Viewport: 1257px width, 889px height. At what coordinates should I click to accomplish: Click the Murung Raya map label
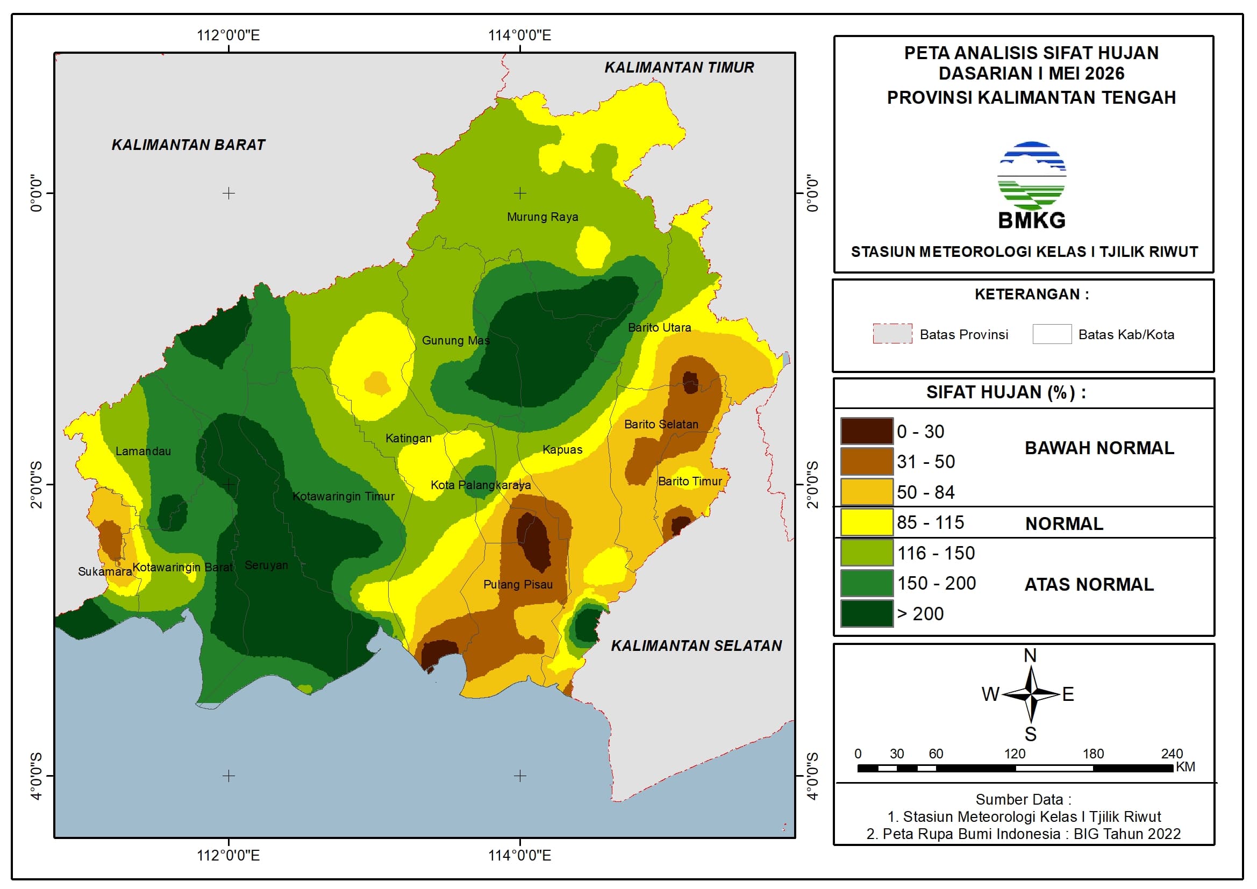coord(542,217)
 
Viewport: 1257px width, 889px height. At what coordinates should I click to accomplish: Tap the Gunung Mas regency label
coord(455,340)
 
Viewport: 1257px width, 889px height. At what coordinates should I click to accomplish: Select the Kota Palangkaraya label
coord(481,485)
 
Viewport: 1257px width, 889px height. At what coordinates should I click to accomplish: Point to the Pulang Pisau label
coord(518,585)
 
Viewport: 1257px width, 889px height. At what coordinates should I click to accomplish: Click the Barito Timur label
coord(690,481)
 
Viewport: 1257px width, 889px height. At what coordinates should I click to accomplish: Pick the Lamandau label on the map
coord(143,451)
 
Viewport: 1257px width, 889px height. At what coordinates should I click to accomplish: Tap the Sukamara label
coord(104,571)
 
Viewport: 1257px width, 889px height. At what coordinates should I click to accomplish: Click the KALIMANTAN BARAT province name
coord(188,145)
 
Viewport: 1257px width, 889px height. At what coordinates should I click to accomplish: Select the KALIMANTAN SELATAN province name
coord(696,646)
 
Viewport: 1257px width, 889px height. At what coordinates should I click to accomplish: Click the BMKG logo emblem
coord(1031,176)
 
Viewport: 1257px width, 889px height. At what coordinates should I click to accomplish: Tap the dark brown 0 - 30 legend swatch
coord(867,432)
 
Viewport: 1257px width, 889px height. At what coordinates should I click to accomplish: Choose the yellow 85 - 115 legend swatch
coord(867,522)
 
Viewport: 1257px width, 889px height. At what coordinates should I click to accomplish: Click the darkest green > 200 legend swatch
coord(867,614)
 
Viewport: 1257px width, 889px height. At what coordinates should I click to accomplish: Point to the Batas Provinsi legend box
coord(892,334)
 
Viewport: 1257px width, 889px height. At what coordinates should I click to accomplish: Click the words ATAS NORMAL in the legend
coord(1089,585)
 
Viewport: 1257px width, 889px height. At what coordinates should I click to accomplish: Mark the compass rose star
coord(1031,694)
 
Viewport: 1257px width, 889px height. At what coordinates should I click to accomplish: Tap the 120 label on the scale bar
coord(1015,754)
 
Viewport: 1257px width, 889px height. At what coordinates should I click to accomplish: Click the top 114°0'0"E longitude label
coord(519,35)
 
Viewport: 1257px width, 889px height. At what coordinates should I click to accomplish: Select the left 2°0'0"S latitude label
coord(36,485)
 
